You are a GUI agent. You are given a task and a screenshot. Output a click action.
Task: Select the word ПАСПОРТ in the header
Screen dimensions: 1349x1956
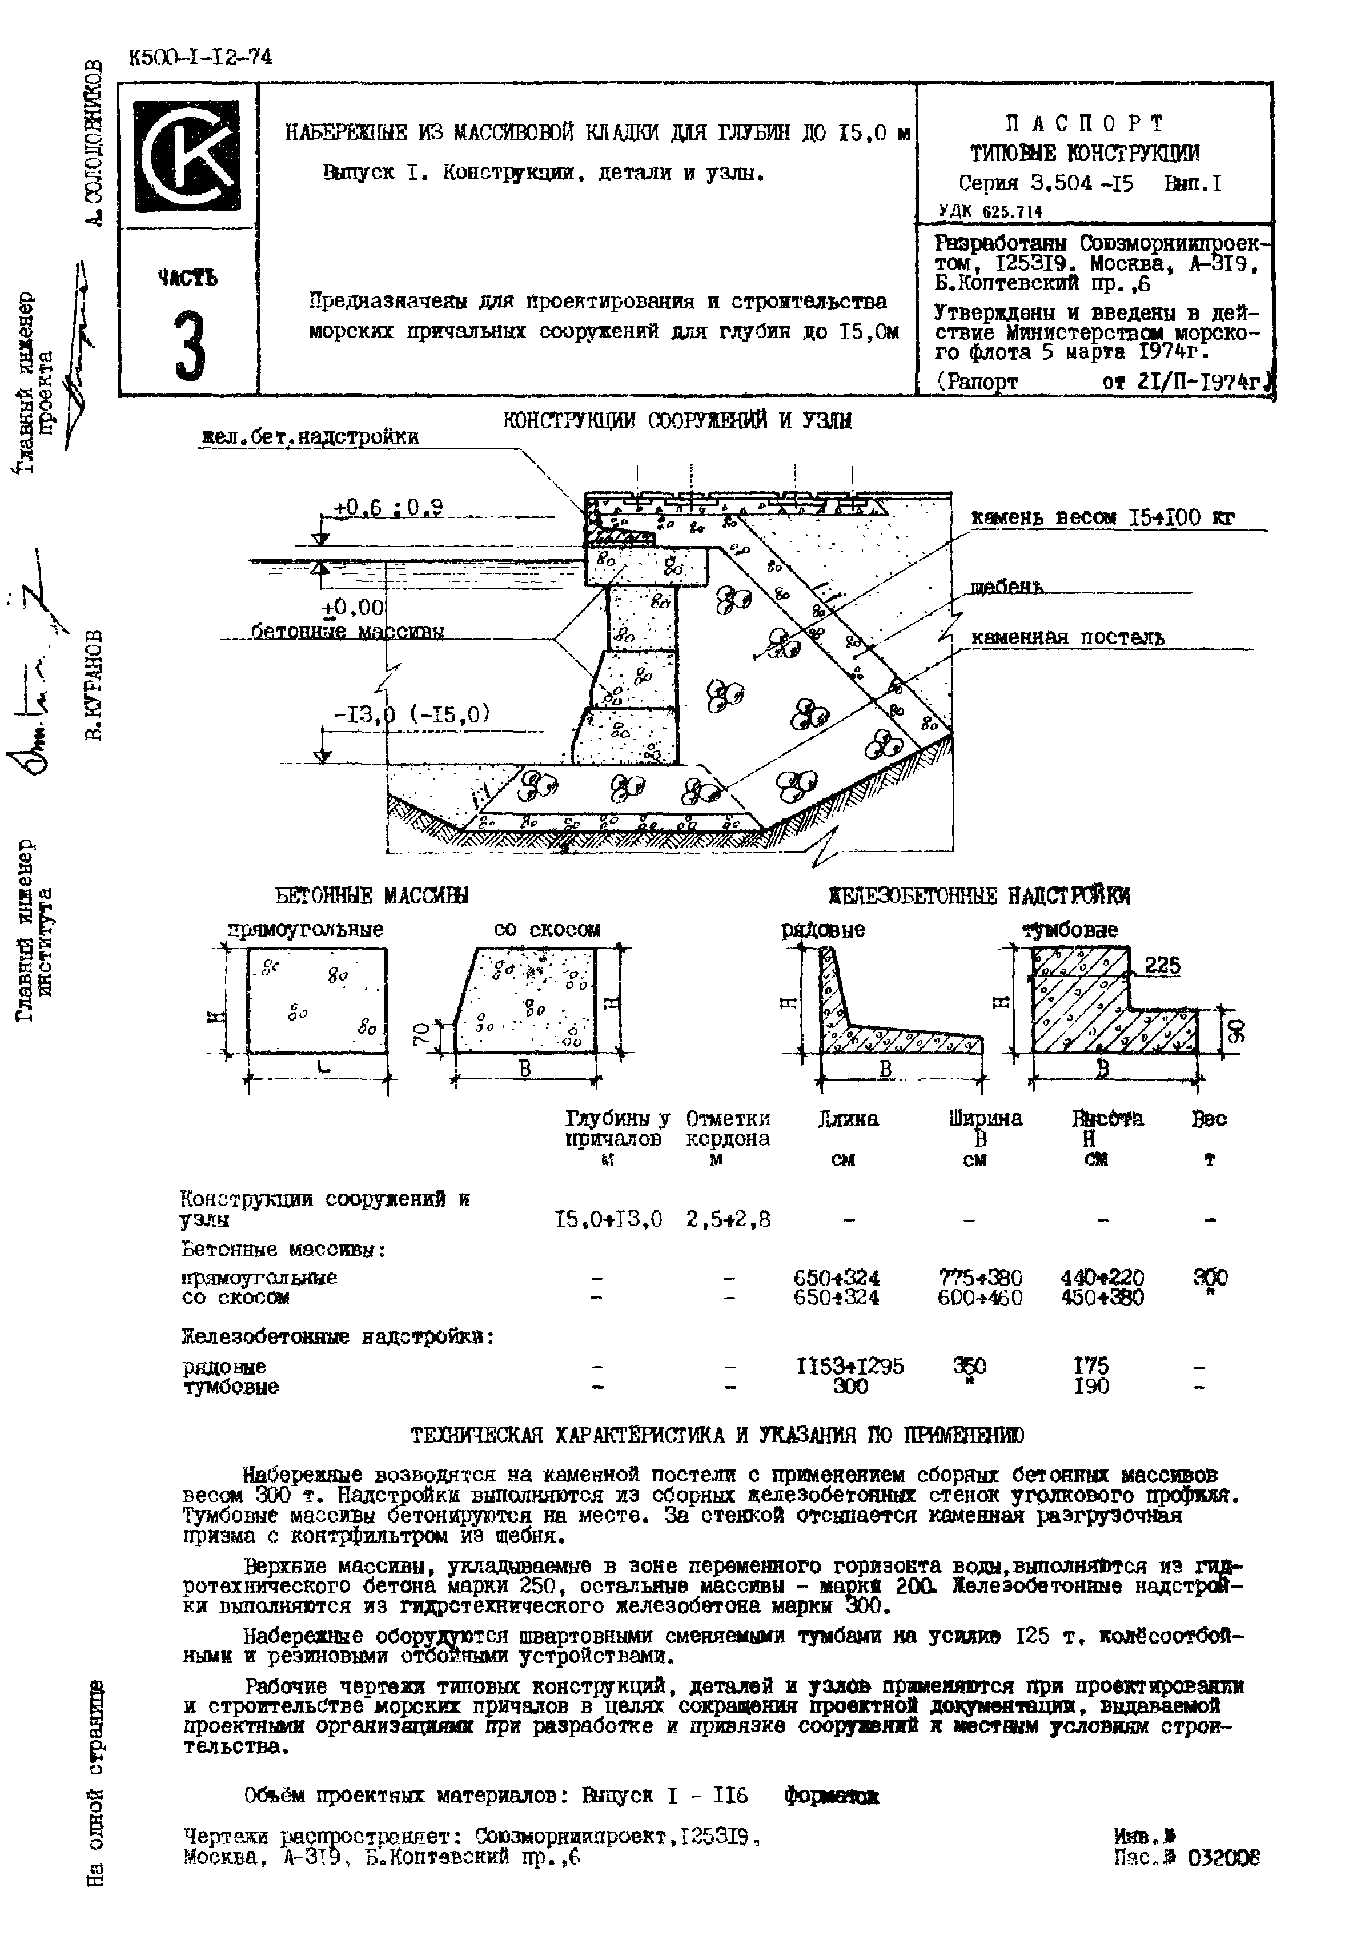1085,124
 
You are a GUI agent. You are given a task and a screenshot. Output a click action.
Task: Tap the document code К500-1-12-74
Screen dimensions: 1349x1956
200,58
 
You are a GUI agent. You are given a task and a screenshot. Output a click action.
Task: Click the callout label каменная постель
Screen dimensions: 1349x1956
1067,638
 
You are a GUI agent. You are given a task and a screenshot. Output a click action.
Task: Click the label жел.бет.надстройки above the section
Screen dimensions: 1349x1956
310,436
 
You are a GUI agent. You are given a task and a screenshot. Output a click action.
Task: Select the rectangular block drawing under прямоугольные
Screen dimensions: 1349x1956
317,1001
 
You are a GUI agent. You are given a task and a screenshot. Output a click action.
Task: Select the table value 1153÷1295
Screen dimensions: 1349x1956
849,1366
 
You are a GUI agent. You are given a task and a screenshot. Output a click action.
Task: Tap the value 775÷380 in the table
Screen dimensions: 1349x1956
979,1277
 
